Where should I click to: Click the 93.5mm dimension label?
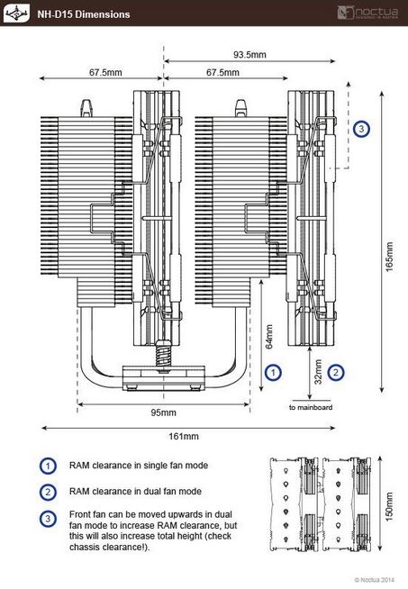tap(249, 54)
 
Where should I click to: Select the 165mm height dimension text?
tap(390, 257)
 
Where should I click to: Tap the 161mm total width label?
tap(184, 436)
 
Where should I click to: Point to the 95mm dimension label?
tap(163, 412)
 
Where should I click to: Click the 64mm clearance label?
tap(269, 337)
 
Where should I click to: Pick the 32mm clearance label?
tap(318, 372)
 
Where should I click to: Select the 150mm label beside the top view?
tap(389, 506)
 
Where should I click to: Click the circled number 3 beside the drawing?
tap(361, 129)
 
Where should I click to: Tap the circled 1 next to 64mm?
tap(273, 373)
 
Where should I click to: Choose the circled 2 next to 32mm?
tap(335, 372)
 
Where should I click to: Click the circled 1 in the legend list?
tap(48, 466)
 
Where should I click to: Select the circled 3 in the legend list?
tap(48, 519)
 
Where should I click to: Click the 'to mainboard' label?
tap(311, 407)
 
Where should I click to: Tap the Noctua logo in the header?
tap(367, 13)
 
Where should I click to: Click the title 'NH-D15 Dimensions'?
tap(84, 14)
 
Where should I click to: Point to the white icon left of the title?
tap(16, 14)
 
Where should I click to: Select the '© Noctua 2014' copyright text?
tap(375, 580)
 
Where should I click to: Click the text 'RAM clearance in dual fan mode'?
tap(135, 492)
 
